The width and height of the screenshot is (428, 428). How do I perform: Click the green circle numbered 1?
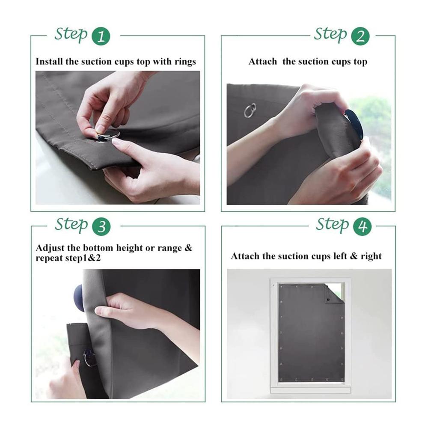click(x=101, y=36)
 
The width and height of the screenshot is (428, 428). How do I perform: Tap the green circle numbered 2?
click(x=360, y=36)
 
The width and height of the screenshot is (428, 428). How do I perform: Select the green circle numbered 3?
click(x=101, y=226)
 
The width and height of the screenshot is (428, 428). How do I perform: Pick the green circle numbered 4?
click(x=362, y=226)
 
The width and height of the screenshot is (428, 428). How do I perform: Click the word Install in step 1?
click(x=49, y=61)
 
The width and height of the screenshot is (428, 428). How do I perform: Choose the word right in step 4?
click(x=371, y=256)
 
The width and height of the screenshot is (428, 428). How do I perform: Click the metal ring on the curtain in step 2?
click(x=250, y=110)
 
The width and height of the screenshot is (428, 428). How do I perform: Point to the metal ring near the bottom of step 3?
click(x=89, y=357)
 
